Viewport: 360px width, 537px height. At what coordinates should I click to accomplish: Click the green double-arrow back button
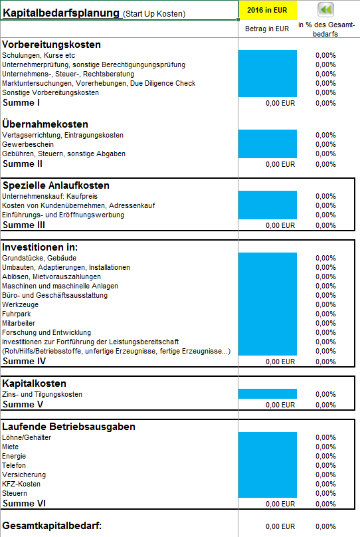point(325,9)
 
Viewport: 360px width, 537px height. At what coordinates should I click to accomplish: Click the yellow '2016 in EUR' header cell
point(267,10)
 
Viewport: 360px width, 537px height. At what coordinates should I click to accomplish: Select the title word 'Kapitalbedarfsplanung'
point(61,13)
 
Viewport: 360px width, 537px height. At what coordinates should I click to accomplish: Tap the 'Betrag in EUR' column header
point(267,29)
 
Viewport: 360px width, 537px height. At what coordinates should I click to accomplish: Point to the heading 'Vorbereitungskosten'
point(51,45)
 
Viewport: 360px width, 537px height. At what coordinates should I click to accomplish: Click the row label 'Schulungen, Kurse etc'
point(39,55)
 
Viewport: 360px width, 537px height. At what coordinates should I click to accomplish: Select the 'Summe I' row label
point(21,103)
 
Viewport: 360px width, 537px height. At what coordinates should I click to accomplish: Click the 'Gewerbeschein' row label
point(28,144)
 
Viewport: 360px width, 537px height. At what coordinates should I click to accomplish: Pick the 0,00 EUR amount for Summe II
point(280,164)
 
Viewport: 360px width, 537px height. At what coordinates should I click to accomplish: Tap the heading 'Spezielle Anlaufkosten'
point(56,185)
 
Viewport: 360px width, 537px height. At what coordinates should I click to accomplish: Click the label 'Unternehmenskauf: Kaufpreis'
point(50,196)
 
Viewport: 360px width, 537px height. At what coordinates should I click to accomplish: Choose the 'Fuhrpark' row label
point(17,314)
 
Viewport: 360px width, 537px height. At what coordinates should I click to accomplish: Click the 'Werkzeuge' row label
point(20,304)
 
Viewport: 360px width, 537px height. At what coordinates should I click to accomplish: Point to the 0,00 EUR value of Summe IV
point(280,362)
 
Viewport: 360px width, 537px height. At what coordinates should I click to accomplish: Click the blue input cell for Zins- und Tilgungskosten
point(268,394)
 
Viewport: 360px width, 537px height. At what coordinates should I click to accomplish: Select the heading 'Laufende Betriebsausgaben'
point(69,427)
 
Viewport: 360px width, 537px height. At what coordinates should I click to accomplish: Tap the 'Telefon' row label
point(14,465)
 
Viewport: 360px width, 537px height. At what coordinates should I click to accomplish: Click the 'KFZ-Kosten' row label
point(21,484)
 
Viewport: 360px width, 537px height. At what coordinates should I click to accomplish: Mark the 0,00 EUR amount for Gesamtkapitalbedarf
point(280,526)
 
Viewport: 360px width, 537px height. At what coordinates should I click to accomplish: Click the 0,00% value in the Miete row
point(325,447)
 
